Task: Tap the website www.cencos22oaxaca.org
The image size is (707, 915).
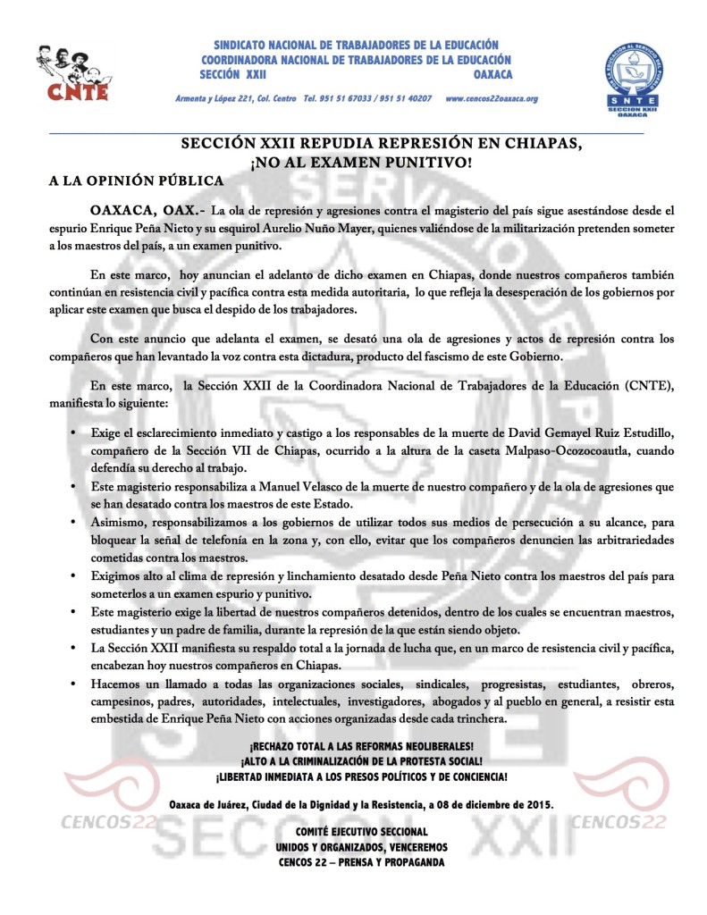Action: tap(491, 97)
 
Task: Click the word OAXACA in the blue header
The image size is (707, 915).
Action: tap(493, 74)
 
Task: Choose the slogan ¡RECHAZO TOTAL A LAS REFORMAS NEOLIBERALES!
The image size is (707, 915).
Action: tap(361, 746)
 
